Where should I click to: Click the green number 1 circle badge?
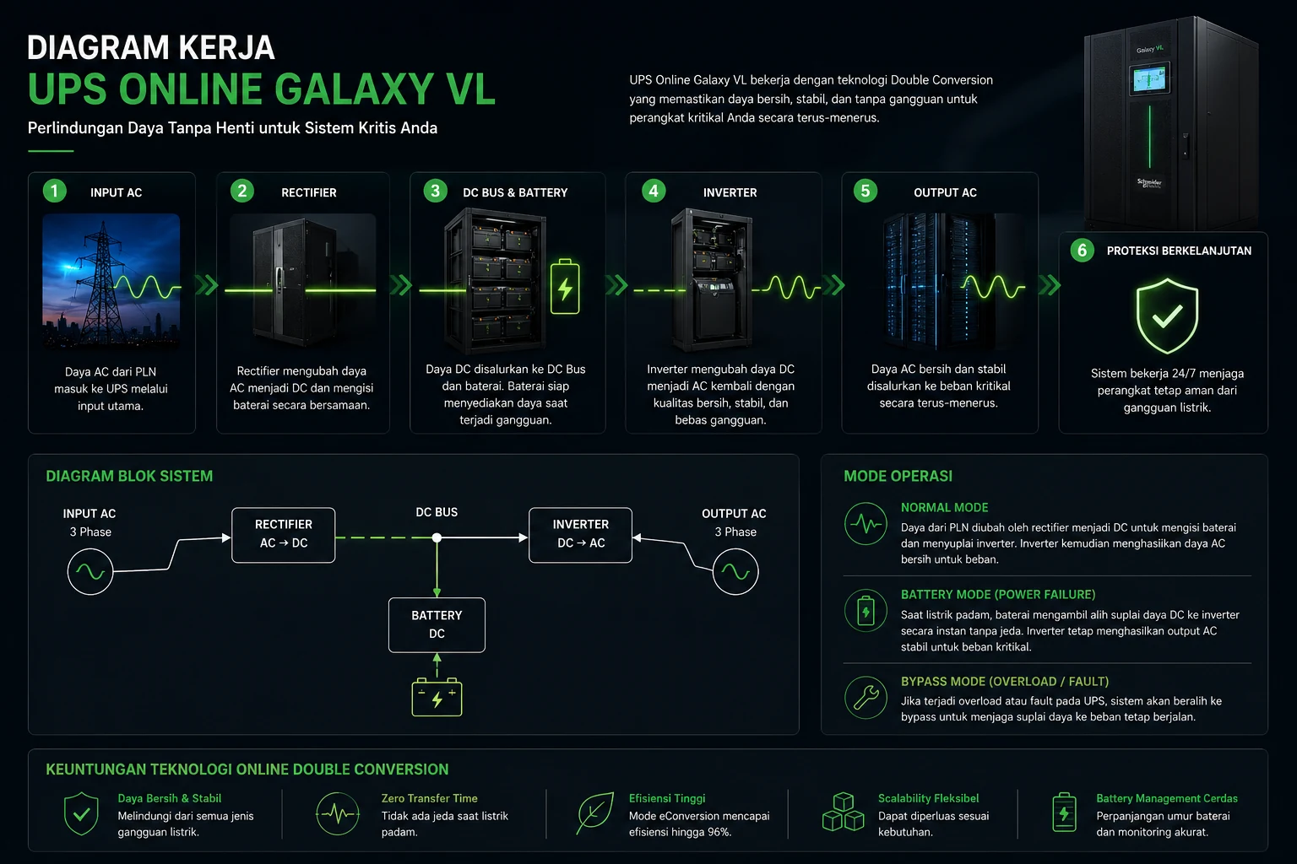coord(54,191)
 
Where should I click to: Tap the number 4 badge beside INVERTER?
coord(653,191)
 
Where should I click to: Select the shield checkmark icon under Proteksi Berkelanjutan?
coord(1167,316)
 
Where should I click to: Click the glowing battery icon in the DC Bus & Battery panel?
coord(565,287)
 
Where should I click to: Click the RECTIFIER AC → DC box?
coord(283,535)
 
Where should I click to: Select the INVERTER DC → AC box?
coord(580,535)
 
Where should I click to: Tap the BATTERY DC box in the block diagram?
coord(437,624)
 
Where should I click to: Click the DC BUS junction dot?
coord(437,537)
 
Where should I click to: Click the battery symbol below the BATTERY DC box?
coord(437,697)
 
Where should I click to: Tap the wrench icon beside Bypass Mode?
coord(866,697)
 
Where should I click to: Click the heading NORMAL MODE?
coord(944,508)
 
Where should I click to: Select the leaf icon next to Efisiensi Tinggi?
coord(594,813)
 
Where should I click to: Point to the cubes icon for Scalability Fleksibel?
coord(843,812)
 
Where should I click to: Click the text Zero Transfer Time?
coord(429,798)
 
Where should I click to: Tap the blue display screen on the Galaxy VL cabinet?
coord(1150,78)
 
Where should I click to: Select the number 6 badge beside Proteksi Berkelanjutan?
coord(1082,250)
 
